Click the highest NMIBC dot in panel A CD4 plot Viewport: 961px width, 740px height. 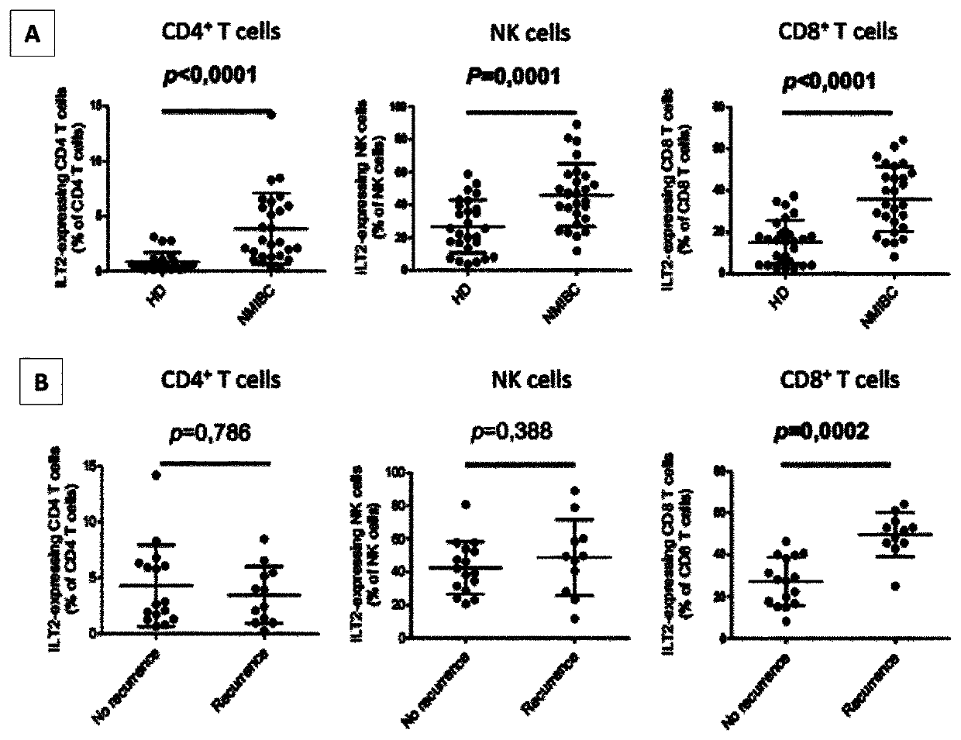[270, 114]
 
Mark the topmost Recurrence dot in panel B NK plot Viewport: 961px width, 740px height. [574, 490]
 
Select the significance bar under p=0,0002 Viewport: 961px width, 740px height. [835, 464]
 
